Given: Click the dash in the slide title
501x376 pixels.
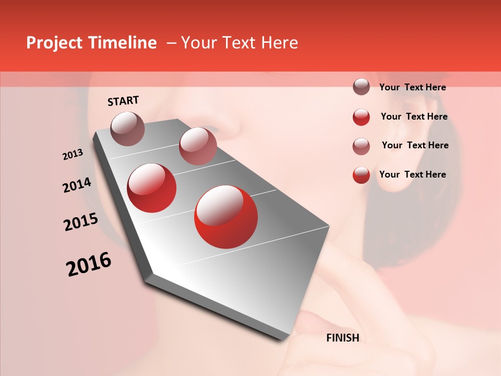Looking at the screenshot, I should [171, 43].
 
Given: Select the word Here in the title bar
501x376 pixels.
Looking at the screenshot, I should [279, 43].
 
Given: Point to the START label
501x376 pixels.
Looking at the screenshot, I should [123, 101].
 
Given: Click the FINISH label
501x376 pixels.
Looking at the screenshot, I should [342, 338].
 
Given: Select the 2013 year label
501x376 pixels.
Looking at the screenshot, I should [73, 155].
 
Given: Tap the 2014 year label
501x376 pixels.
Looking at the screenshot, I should [77, 185].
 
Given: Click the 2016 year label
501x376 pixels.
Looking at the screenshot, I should [89, 264].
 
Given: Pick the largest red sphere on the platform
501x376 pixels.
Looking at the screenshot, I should [226, 217].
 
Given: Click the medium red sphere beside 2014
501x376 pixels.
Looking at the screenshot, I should [152, 188].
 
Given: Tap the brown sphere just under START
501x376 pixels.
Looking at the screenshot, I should [128, 128].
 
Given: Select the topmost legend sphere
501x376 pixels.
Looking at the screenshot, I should [361, 87].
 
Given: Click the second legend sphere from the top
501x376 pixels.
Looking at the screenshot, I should [361, 117].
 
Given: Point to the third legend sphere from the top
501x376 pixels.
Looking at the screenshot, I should [361, 146].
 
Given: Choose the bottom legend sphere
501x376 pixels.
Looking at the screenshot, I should [361, 175].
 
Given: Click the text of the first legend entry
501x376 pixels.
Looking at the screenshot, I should [412, 88].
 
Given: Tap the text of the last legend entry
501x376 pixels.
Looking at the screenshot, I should [412, 174].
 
